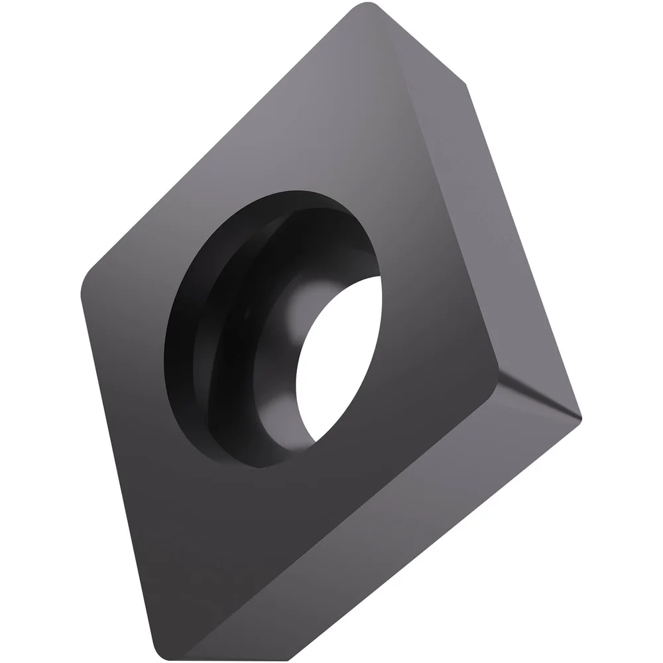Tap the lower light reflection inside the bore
click(x=278, y=411)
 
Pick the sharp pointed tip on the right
click(x=580, y=418)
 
